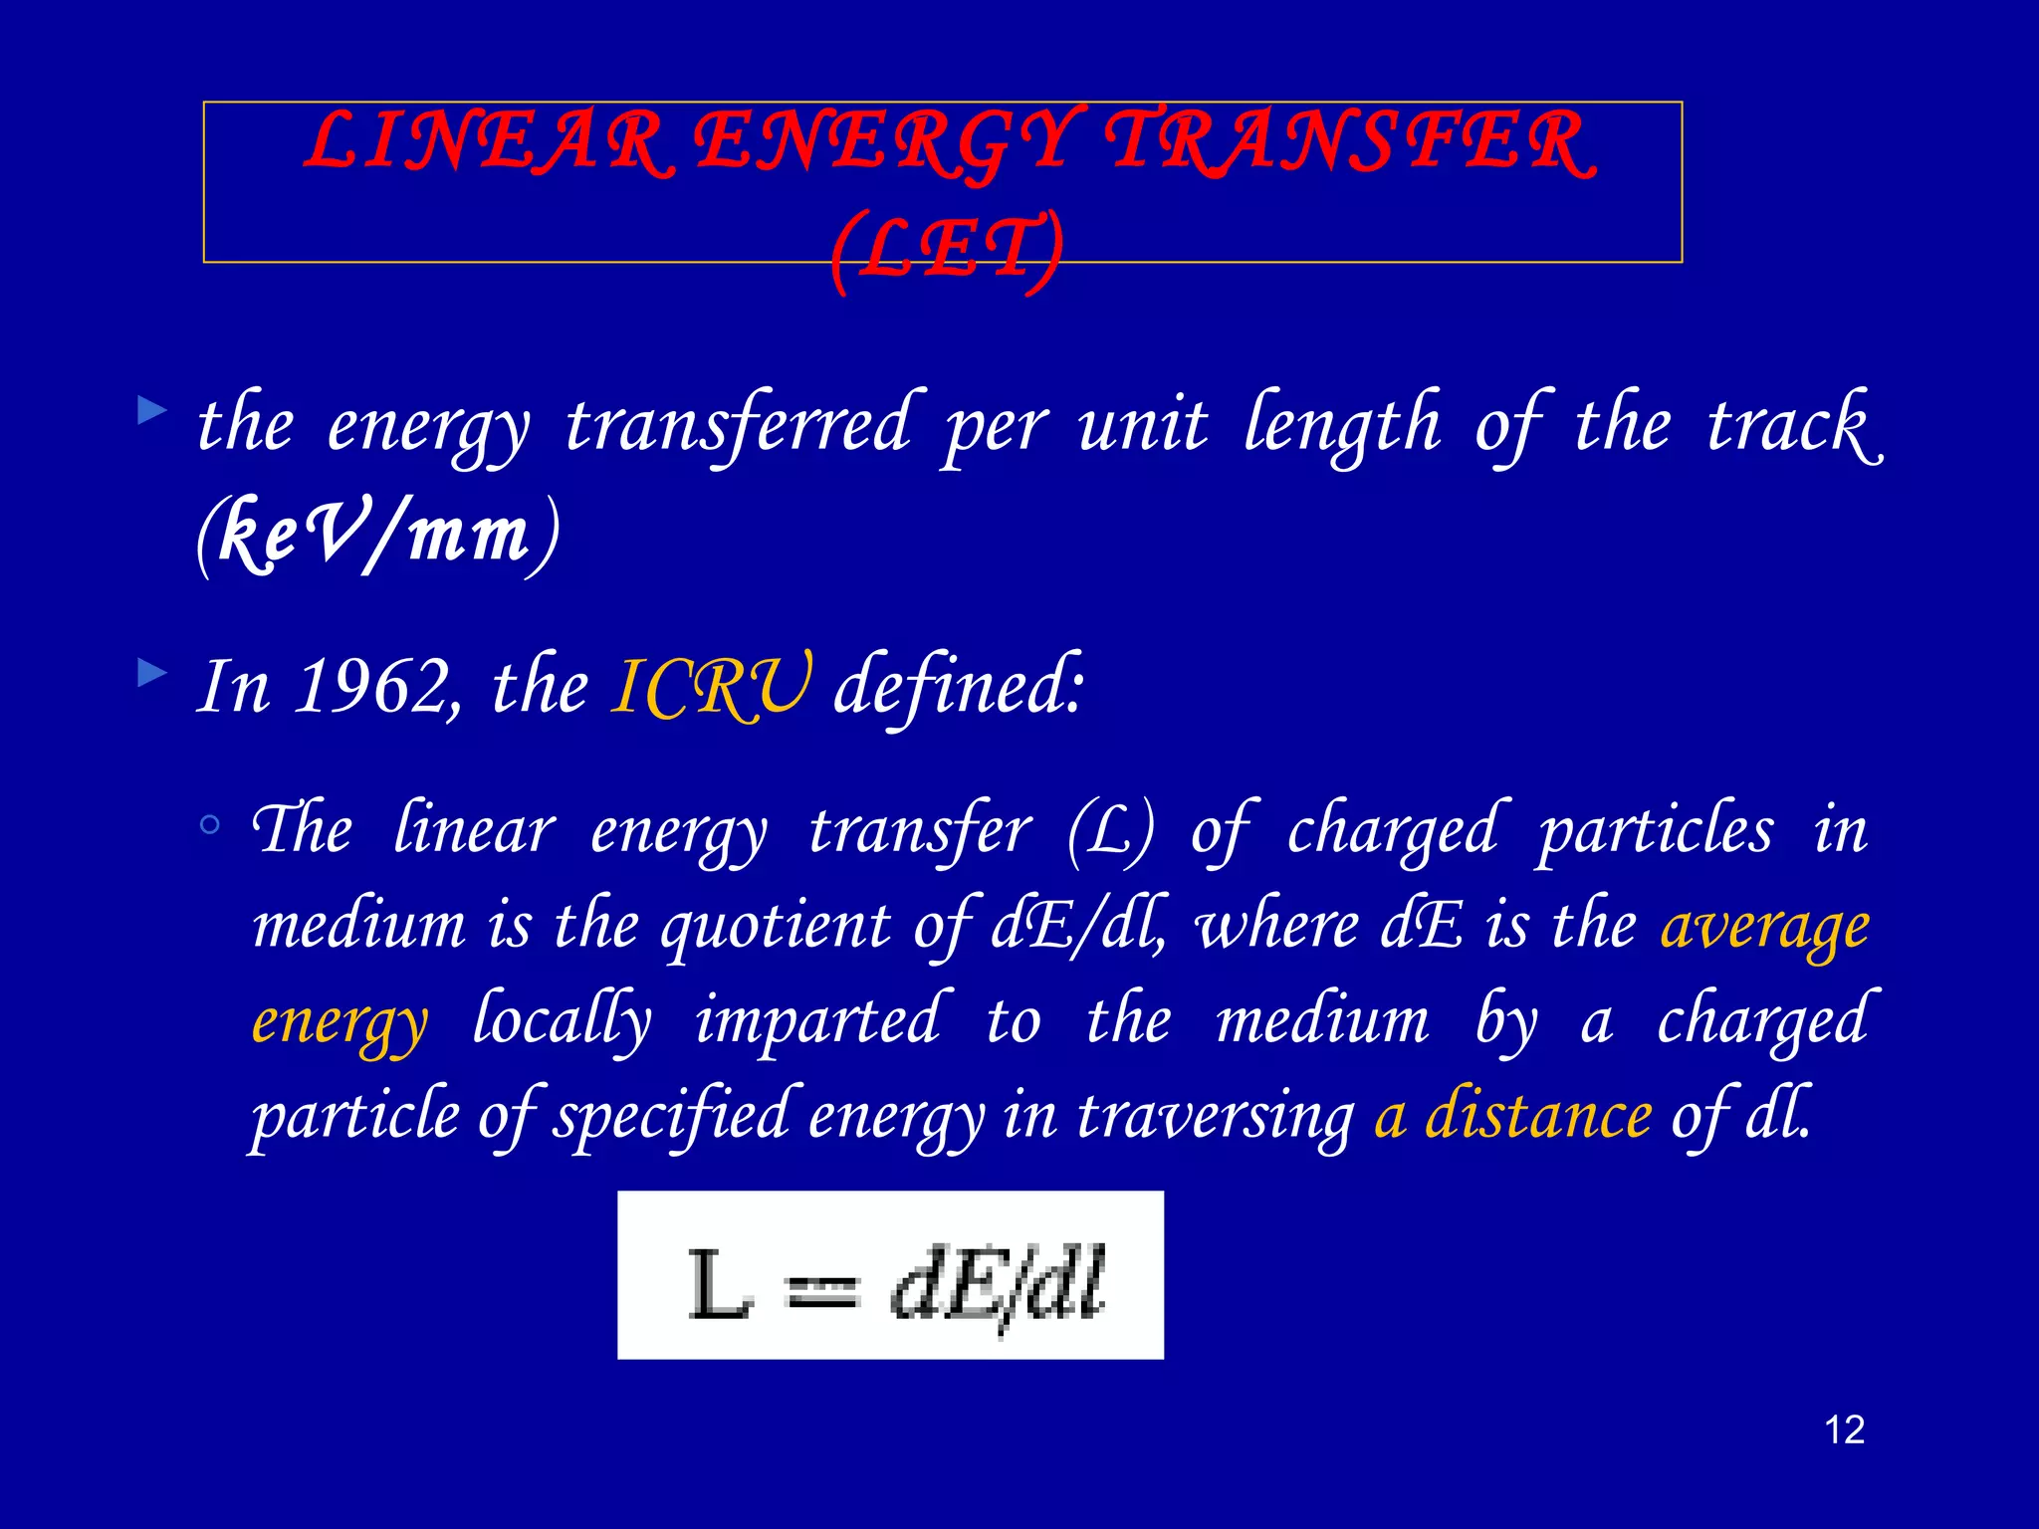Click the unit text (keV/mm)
tap(378, 534)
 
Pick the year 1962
tap(374, 687)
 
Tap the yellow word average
tap(1764, 926)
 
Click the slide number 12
tap(1844, 1430)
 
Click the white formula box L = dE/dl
tap(890, 1275)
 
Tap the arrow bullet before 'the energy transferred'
tap(151, 410)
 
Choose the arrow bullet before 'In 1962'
tap(151, 674)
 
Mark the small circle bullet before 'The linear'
tap(209, 824)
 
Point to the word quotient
tap(776, 926)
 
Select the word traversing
tap(1215, 1115)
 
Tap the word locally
tap(562, 1021)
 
